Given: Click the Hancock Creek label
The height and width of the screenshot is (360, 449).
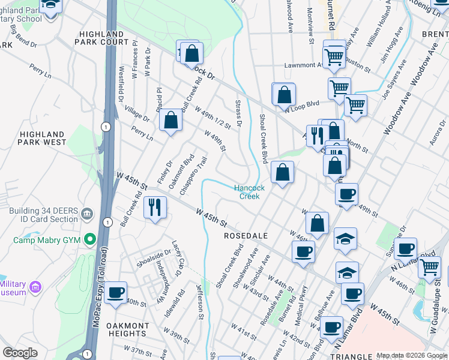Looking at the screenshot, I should (249, 192).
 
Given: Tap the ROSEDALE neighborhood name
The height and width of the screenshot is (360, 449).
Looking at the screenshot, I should (245, 236).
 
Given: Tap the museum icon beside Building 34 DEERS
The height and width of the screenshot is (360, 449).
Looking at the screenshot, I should (87, 214).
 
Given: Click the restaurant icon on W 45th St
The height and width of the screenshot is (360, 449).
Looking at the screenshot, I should (155, 207).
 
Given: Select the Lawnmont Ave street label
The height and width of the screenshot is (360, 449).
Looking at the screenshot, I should (304, 65).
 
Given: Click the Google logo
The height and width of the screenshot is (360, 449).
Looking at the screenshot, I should (20, 353).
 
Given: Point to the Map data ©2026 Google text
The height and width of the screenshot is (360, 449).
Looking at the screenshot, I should (411, 355).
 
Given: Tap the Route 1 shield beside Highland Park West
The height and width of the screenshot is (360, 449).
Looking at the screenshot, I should (106, 127).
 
